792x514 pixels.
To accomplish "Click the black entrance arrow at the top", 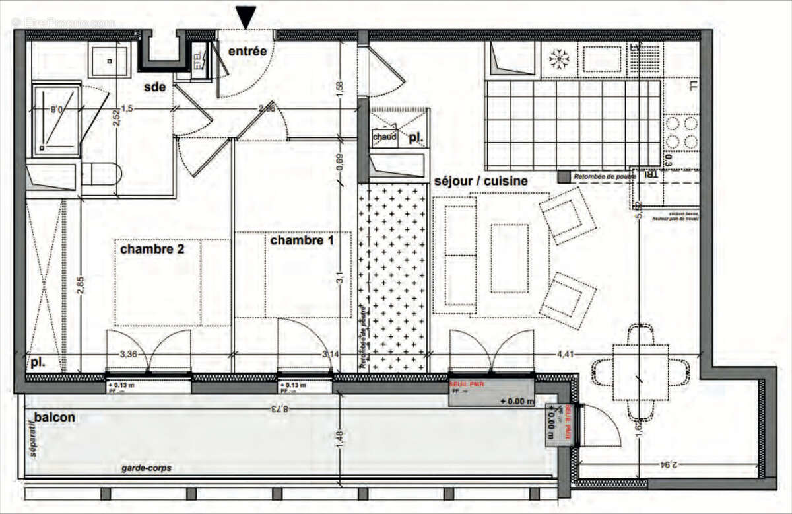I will pos(247,16).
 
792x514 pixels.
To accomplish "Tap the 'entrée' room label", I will pos(247,51).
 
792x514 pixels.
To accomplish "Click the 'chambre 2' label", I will pos(151,248).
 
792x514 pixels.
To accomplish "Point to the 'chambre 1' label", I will pos(301,241).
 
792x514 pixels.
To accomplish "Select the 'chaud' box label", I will pos(384,137).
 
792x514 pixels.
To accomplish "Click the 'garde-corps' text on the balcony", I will pos(146,468).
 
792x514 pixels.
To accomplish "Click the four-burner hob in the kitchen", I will pos(682,132).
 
